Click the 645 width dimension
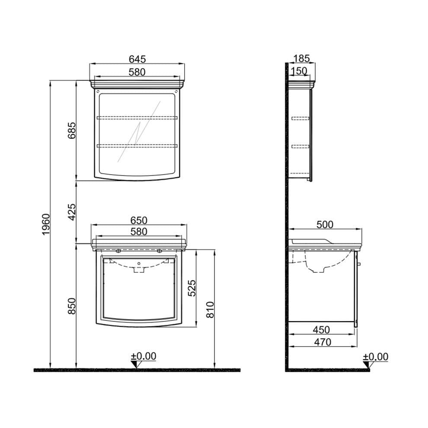click(137, 59)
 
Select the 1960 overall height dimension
click(46, 224)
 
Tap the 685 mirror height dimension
click(72, 131)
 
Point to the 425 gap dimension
click(72, 212)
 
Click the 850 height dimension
click(72, 306)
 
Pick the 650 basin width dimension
click(139, 220)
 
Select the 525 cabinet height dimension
click(192, 288)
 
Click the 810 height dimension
click(210, 310)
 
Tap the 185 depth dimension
click(301, 59)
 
